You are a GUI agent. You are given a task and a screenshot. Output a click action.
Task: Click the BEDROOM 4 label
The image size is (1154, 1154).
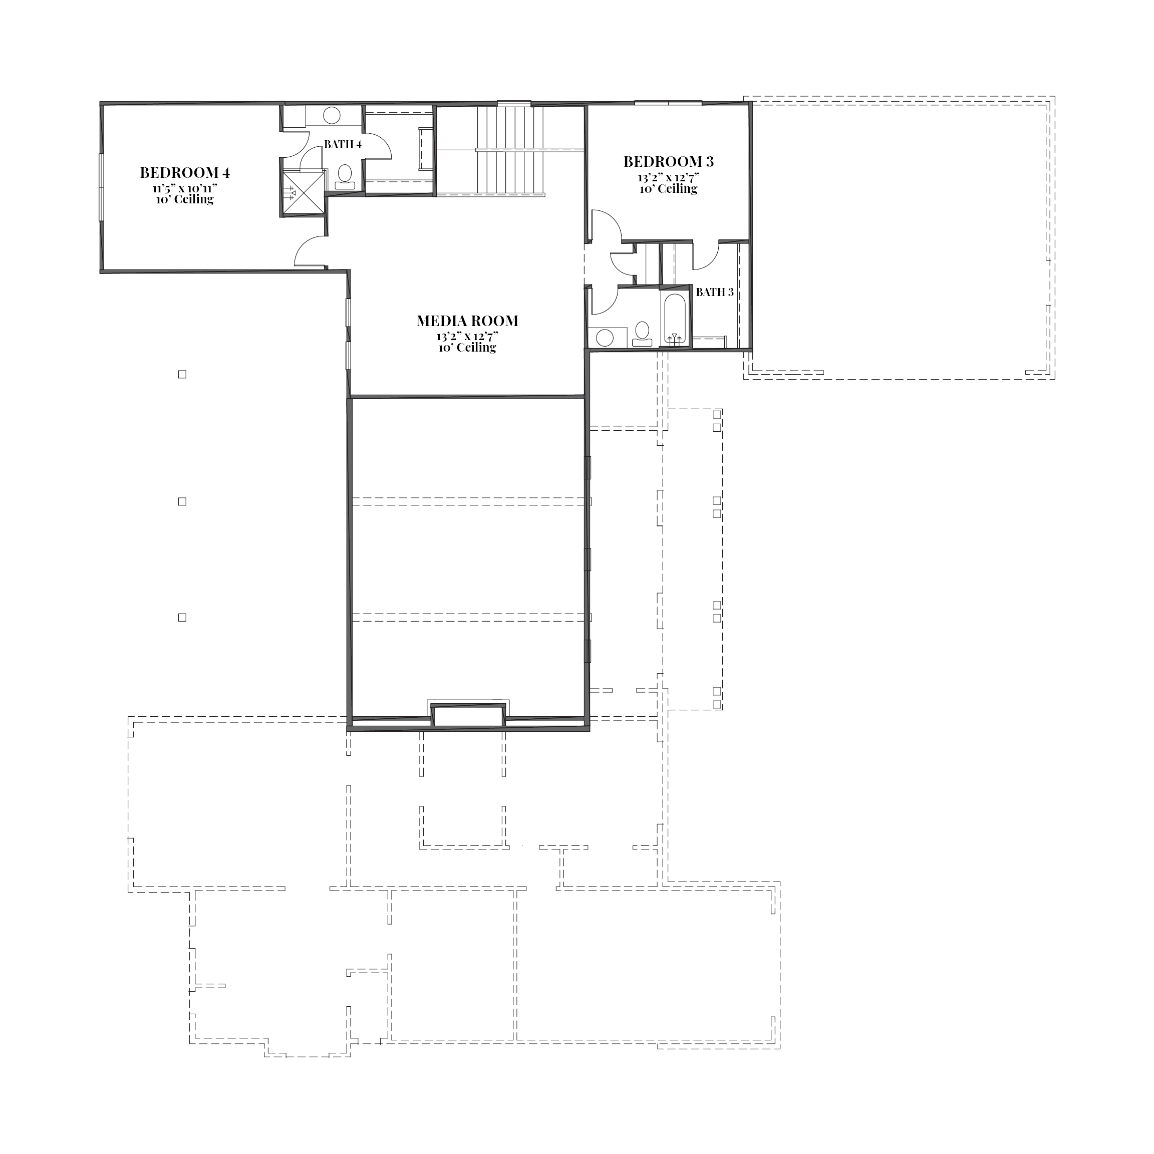click(x=185, y=173)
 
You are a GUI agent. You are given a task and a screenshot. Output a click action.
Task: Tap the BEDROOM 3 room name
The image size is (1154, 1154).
click(x=668, y=161)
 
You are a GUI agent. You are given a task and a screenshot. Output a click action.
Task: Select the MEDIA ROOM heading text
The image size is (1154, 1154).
click(x=467, y=321)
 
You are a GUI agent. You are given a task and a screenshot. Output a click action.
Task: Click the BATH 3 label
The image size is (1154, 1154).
click(x=715, y=292)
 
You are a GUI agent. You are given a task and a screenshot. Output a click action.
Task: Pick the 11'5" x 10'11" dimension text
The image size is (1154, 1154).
click(x=184, y=188)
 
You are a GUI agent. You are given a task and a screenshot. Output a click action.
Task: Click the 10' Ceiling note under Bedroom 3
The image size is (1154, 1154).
click(x=668, y=189)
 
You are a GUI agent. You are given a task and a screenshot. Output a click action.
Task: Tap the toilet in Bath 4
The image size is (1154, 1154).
click(x=345, y=177)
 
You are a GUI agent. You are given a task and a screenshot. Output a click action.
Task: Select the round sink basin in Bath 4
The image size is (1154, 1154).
click(x=332, y=115)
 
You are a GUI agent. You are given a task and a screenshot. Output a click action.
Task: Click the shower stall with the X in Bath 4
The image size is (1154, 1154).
click(x=304, y=192)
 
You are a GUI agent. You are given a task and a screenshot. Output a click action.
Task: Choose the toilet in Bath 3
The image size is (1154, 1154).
click(x=642, y=333)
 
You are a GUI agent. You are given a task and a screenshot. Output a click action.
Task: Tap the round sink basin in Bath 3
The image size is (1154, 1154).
click(x=605, y=338)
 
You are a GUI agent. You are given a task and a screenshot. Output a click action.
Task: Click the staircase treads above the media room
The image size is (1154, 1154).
click(x=510, y=151)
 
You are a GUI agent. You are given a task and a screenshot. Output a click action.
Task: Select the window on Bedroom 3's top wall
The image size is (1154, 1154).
click(x=668, y=103)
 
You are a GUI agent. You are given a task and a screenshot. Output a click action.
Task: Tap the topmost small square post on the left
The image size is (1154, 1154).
click(x=182, y=375)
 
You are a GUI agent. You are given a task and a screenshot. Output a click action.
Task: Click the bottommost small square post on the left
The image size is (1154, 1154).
click(x=182, y=618)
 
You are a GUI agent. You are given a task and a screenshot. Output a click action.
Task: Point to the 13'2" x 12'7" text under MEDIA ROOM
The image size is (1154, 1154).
click(x=467, y=336)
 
